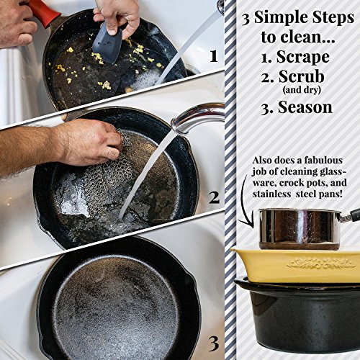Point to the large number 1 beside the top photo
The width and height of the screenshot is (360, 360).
pyautogui.click(x=213, y=57)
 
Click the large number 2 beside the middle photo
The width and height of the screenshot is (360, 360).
pyautogui.click(x=214, y=197)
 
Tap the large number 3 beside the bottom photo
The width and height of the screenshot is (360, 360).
pyautogui.click(x=214, y=344)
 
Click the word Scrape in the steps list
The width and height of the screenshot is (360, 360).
pyautogui.click(x=303, y=57)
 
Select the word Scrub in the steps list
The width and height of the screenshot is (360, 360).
pyautogui.click(x=302, y=76)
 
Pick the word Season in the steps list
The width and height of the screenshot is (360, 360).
pyautogui.click(x=305, y=107)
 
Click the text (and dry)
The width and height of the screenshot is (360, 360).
pyautogui.click(x=302, y=90)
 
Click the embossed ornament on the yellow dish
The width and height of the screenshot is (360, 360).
pyautogui.click(x=322, y=264)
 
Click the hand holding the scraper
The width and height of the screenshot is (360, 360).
pyautogui.click(x=117, y=17)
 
